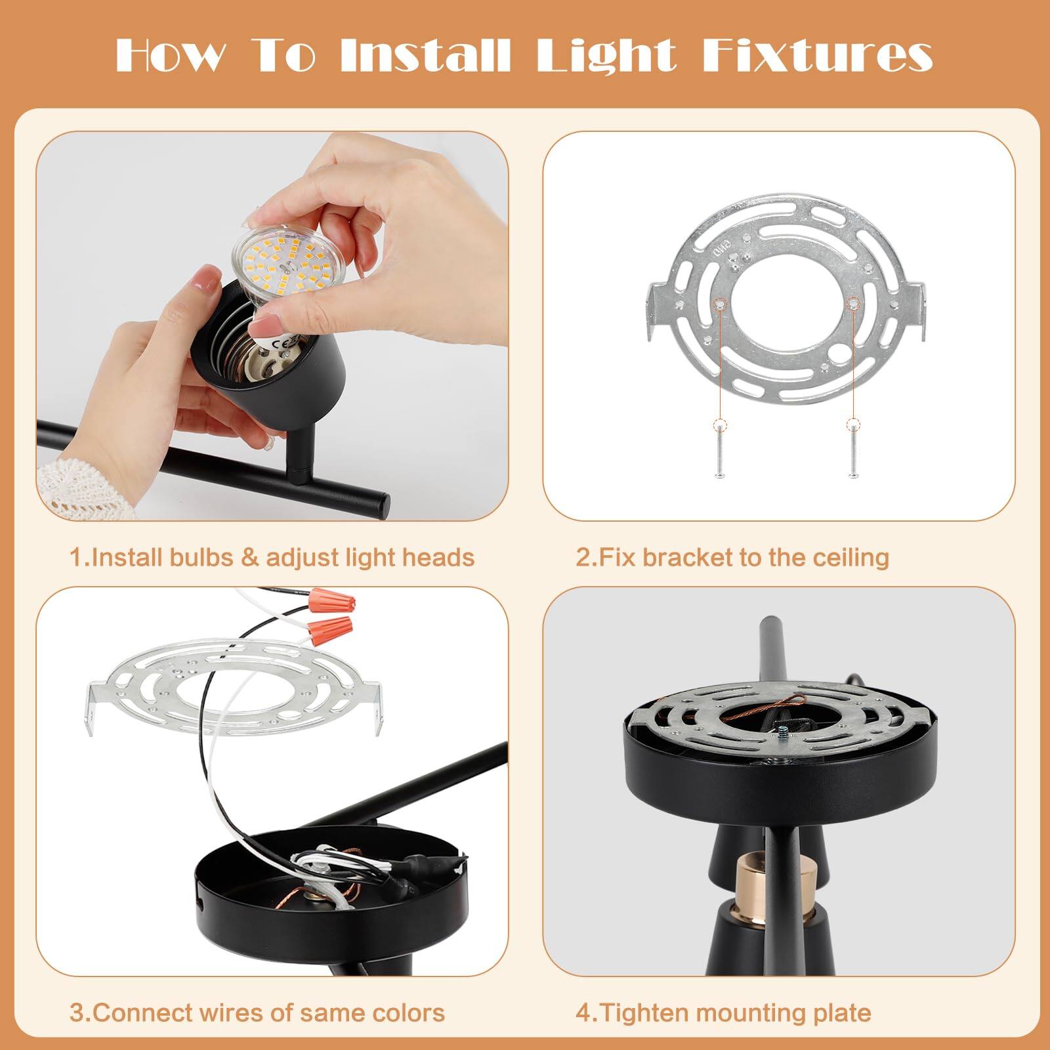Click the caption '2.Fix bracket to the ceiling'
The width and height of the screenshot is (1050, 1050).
tap(732, 558)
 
